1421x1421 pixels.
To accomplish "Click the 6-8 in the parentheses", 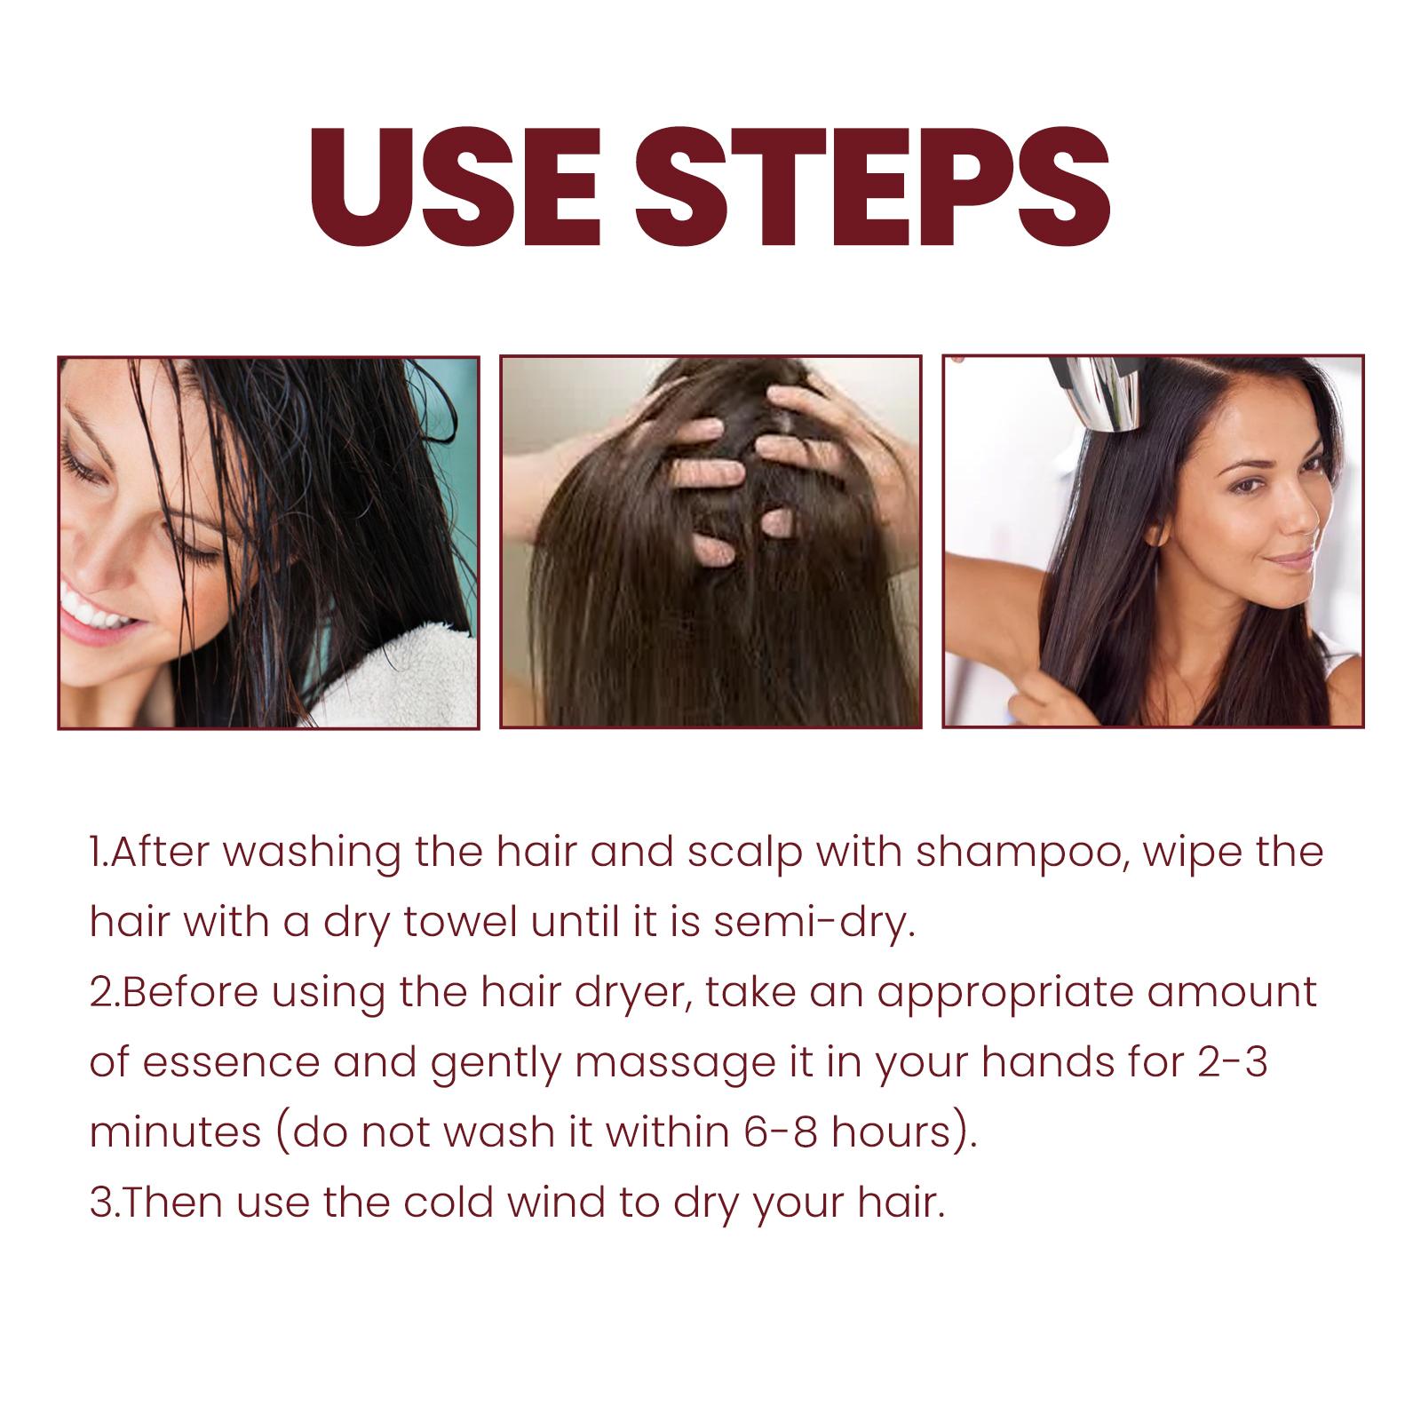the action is (x=754, y=1133).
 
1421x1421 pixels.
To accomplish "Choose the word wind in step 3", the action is (x=560, y=1203).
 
